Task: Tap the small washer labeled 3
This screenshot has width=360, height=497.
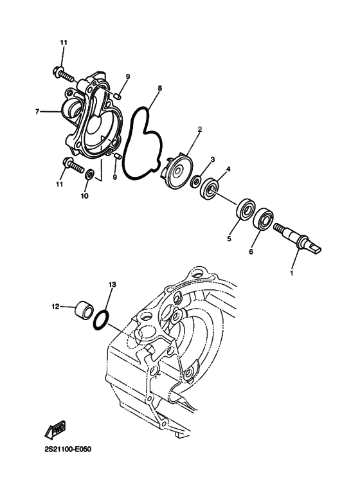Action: point(195,181)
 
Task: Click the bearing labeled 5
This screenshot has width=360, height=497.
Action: point(246,209)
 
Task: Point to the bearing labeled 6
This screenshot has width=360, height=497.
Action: point(264,219)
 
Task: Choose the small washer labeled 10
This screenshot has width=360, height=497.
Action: point(90,174)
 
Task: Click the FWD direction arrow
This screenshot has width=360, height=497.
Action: point(55,429)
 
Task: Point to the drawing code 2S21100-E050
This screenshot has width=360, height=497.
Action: point(67,449)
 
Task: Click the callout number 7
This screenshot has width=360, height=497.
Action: point(37,112)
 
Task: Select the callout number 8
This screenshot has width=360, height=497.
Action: point(159,88)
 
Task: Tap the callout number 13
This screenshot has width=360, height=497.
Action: point(113,285)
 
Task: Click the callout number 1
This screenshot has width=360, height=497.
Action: point(292,273)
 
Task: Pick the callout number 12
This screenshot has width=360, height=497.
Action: point(55,307)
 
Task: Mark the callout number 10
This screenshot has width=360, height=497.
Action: point(84,196)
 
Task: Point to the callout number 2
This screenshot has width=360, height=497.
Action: point(200,129)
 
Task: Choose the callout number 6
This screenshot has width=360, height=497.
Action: point(251,252)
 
